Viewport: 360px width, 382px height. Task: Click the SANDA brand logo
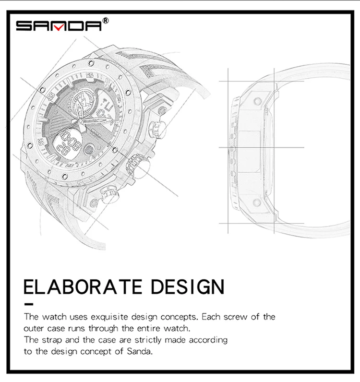pos(59,25)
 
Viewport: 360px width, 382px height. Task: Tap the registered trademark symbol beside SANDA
pos(106,21)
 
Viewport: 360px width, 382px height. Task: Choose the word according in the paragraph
pos(207,340)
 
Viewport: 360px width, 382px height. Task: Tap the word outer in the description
pos(34,329)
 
